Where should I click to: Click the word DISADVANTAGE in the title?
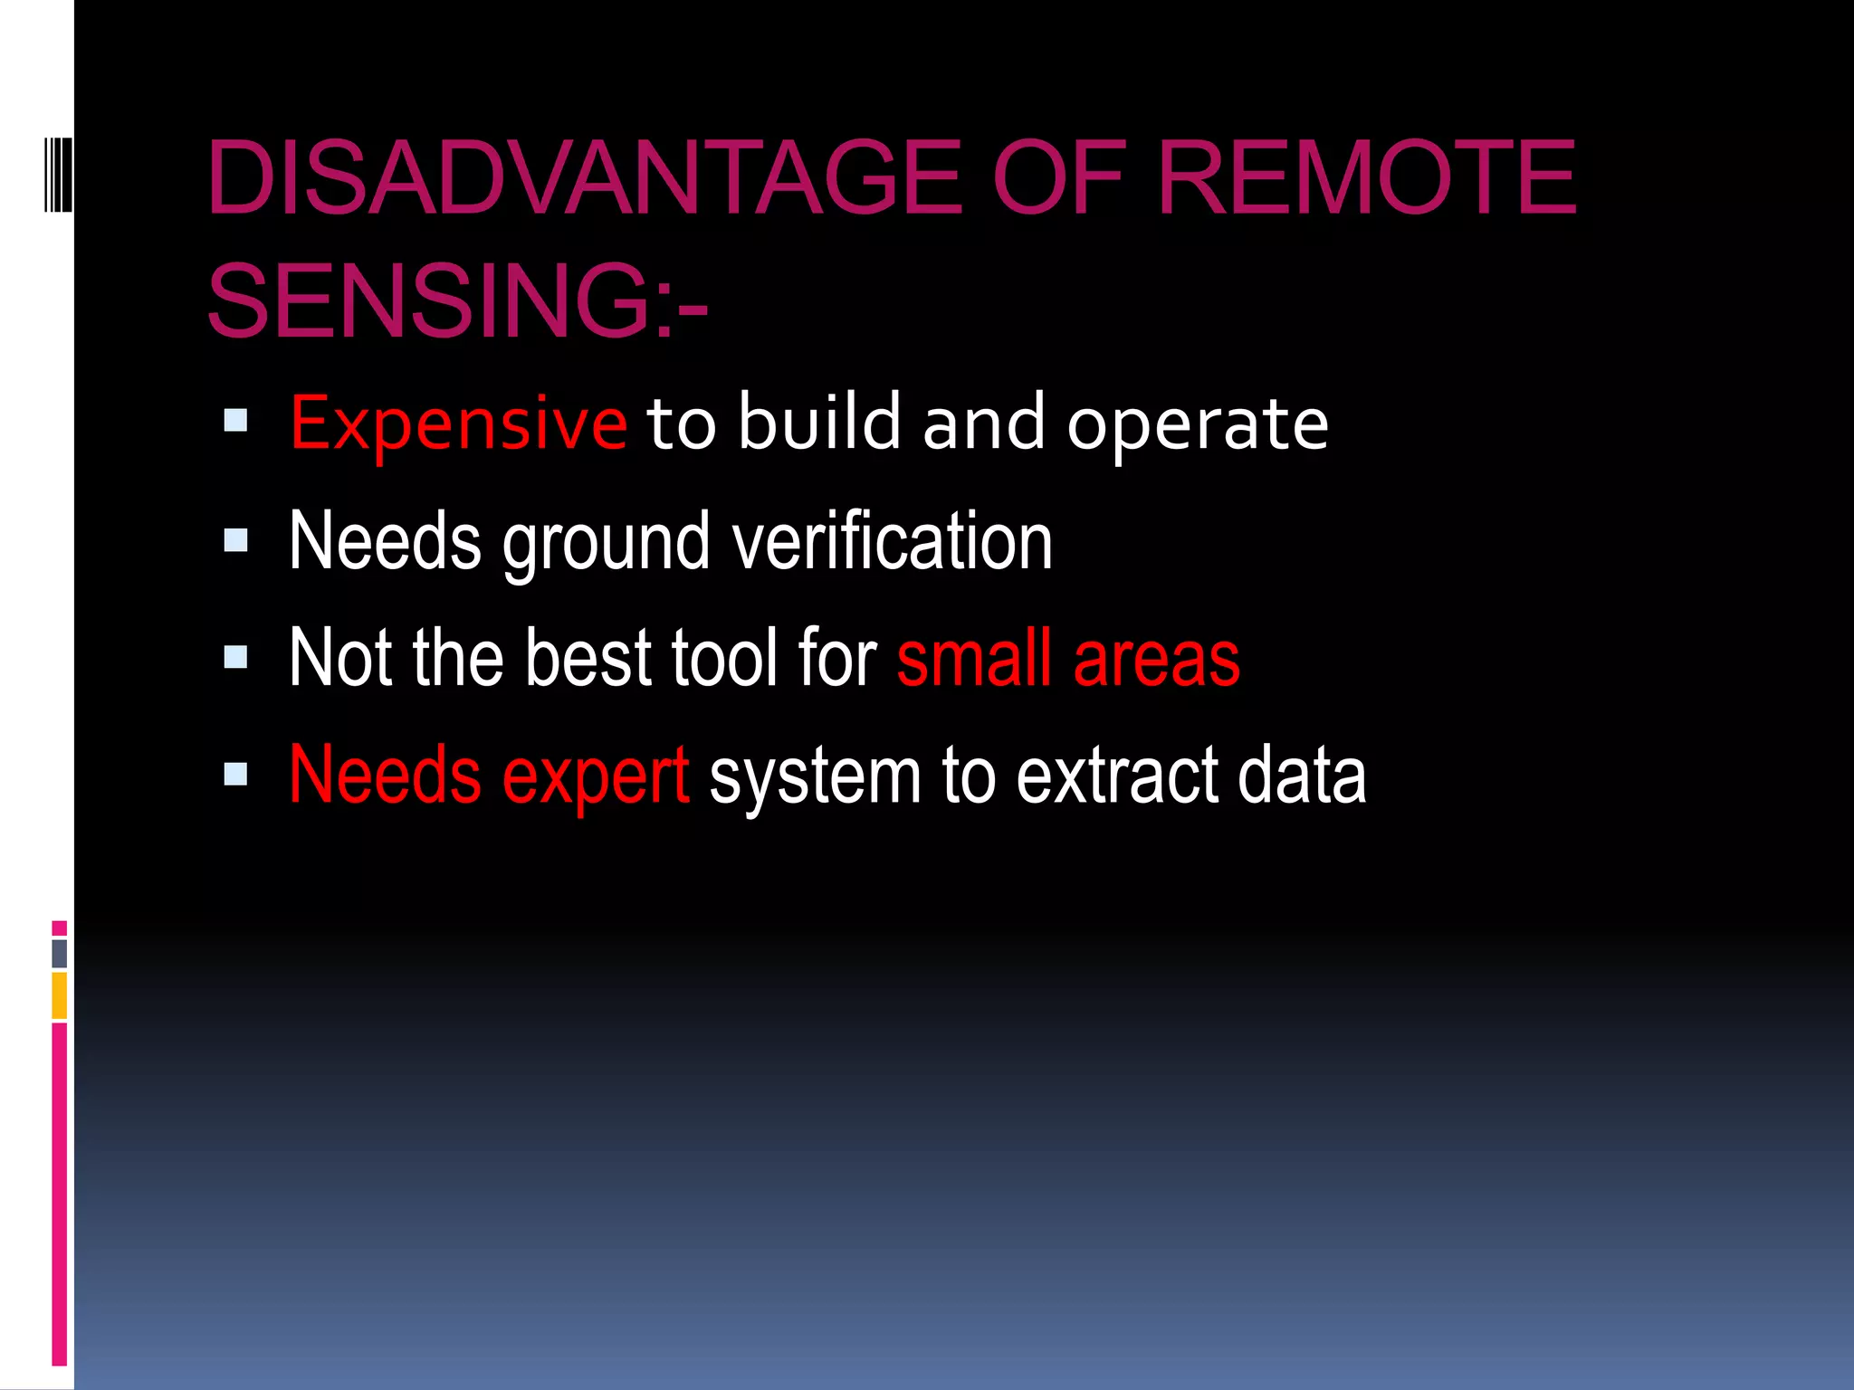[x=585, y=178]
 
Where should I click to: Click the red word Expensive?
[x=458, y=424]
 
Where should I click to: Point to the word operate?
[x=1197, y=424]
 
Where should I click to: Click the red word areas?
[x=1156, y=659]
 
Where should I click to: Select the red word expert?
[x=596, y=776]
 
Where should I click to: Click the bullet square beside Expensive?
[x=235, y=420]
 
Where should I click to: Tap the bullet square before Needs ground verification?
[x=235, y=540]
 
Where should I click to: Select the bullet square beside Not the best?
[x=235, y=657]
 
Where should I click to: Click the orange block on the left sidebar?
[x=59, y=995]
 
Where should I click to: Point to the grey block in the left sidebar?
[x=59, y=953]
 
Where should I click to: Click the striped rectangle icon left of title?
[x=58, y=174]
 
